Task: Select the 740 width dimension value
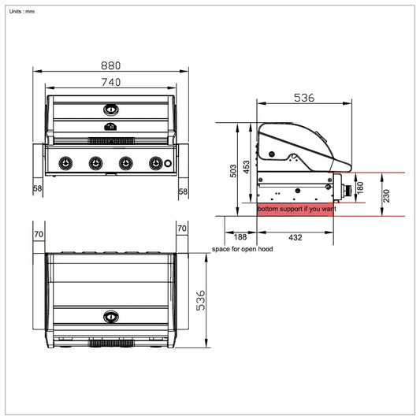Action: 110,81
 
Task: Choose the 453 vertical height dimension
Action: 247,166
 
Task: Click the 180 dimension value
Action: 361,188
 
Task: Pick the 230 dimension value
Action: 385,195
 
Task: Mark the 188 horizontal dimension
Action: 240,237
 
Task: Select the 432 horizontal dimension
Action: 295,237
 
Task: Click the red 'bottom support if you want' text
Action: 296,210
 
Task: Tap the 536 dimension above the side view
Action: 304,98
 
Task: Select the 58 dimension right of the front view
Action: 183,191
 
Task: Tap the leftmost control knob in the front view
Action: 66,163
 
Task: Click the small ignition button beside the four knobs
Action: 168,163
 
